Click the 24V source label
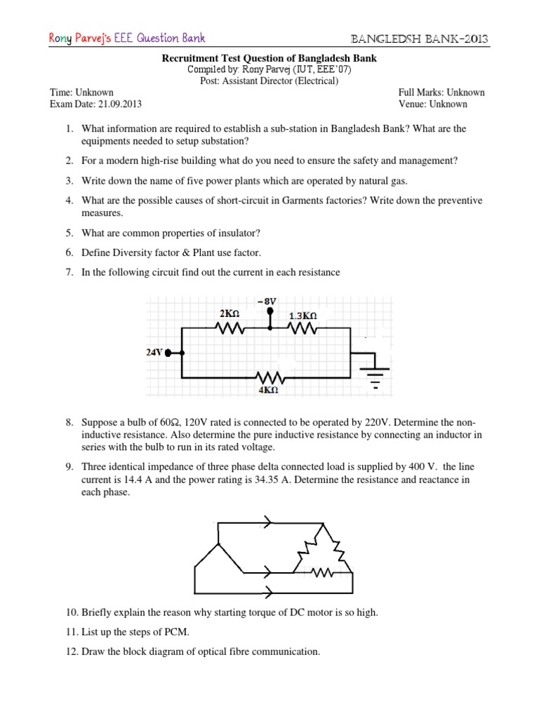[x=154, y=353]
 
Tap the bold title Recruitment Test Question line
[x=269, y=59]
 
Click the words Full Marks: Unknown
[x=441, y=93]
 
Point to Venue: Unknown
[x=432, y=104]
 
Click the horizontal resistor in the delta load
[x=322, y=574]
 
